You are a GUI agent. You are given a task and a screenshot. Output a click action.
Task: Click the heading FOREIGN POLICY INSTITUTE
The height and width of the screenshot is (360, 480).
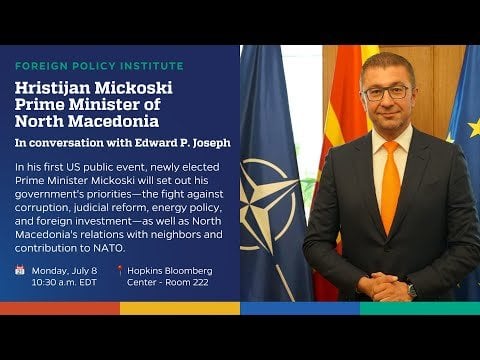[x=99, y=66]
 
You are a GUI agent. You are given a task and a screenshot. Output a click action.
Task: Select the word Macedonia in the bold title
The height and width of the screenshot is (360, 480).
[x=114, y=121]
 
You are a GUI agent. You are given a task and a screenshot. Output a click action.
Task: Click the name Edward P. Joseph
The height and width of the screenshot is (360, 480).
[x=182, y=143]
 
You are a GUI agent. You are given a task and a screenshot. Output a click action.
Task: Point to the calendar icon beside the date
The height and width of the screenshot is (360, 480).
[x=20, y=270]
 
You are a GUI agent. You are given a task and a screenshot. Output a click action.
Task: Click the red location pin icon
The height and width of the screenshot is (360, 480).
[x=120, y=270]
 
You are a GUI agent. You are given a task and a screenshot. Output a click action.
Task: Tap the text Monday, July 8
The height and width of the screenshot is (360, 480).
[x=64, y=271]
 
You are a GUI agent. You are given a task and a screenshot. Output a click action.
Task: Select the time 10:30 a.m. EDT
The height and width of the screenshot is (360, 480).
[x=64, y=282]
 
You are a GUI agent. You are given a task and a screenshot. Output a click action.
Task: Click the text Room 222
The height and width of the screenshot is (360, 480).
[x=187, y=282]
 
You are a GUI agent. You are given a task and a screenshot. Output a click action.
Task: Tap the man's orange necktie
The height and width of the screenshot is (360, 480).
[x=390, y=187]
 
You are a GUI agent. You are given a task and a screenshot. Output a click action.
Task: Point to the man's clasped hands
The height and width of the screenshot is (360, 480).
[x=382, y=286]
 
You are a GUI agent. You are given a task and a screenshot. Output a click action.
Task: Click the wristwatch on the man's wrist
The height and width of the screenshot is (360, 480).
[x=412, y=290]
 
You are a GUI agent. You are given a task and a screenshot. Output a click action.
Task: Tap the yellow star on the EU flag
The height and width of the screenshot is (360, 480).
[x=474, y=128]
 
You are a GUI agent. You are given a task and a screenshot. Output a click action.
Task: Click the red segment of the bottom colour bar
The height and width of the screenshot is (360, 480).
[x=60, y=308]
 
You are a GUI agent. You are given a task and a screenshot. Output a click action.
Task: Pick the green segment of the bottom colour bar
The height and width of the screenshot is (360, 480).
[x=420, y=308]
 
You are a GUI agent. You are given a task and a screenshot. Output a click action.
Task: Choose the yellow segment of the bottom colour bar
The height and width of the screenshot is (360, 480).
[x=180, y=308]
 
